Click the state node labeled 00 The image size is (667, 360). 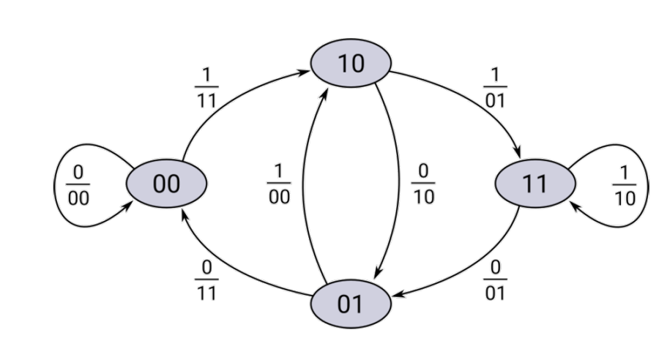click(166, 183)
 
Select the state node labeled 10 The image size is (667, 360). click(350, 64)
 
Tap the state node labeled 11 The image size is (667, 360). click(534, 183)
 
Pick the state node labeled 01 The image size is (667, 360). click(350, 303)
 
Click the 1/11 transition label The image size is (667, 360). click(206, 88)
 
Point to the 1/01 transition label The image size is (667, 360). click(495, 88)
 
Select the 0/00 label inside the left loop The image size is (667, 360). click(78, 184)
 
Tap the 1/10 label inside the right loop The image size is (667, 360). click(625, 184)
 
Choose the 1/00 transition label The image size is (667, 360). click(278, 184)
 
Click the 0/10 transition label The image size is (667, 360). click(422, 184)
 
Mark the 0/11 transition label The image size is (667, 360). click(206, 280)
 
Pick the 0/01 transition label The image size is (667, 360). click(495, 280)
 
